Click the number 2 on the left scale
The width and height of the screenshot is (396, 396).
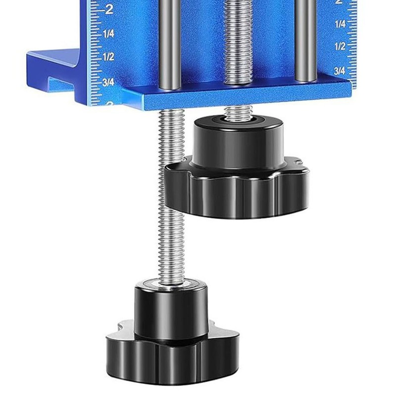click(109, 8)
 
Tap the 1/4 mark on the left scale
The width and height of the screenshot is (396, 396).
click(109, 34)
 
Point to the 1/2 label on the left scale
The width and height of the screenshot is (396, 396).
click(108, 57)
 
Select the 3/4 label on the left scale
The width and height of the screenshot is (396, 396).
click(108, 82)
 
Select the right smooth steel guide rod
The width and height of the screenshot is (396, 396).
click(305, 40)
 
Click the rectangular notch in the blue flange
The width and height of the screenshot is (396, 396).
click(62, 80)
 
